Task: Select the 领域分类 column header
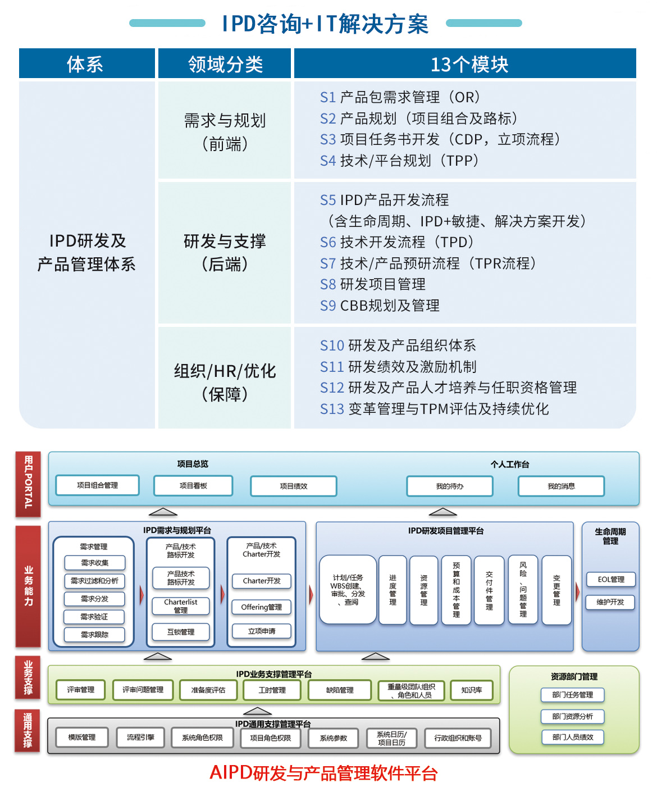225,64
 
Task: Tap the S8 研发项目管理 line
373,284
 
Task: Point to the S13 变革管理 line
434,409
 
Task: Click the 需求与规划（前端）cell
225,131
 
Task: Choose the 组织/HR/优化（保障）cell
225,382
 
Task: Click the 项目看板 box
193,486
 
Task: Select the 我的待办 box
450,486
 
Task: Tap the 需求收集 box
95,563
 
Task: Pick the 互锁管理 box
181,632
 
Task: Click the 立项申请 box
262,631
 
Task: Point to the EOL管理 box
610,580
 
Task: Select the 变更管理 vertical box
556,590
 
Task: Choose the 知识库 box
472,690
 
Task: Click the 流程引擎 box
140,738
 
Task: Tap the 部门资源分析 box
572,717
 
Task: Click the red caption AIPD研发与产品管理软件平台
323,773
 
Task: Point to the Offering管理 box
262,607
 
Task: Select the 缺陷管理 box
340,690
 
